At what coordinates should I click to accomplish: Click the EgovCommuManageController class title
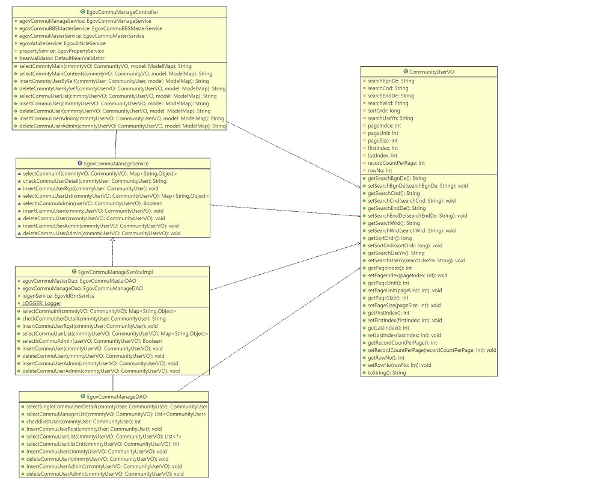(x=122, y=12)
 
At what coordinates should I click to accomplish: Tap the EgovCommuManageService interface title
(x=116, y=163)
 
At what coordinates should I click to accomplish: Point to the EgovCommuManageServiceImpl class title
(x=115, y=272)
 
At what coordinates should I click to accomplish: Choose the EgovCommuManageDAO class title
(x=117, y=396)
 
